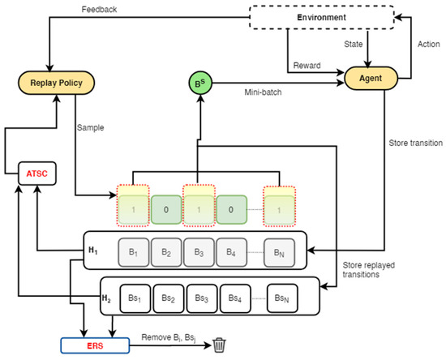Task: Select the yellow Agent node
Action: [x=374, y=79]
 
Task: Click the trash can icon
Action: [x=219, y=345]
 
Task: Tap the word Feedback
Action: [x=100, y=11]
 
